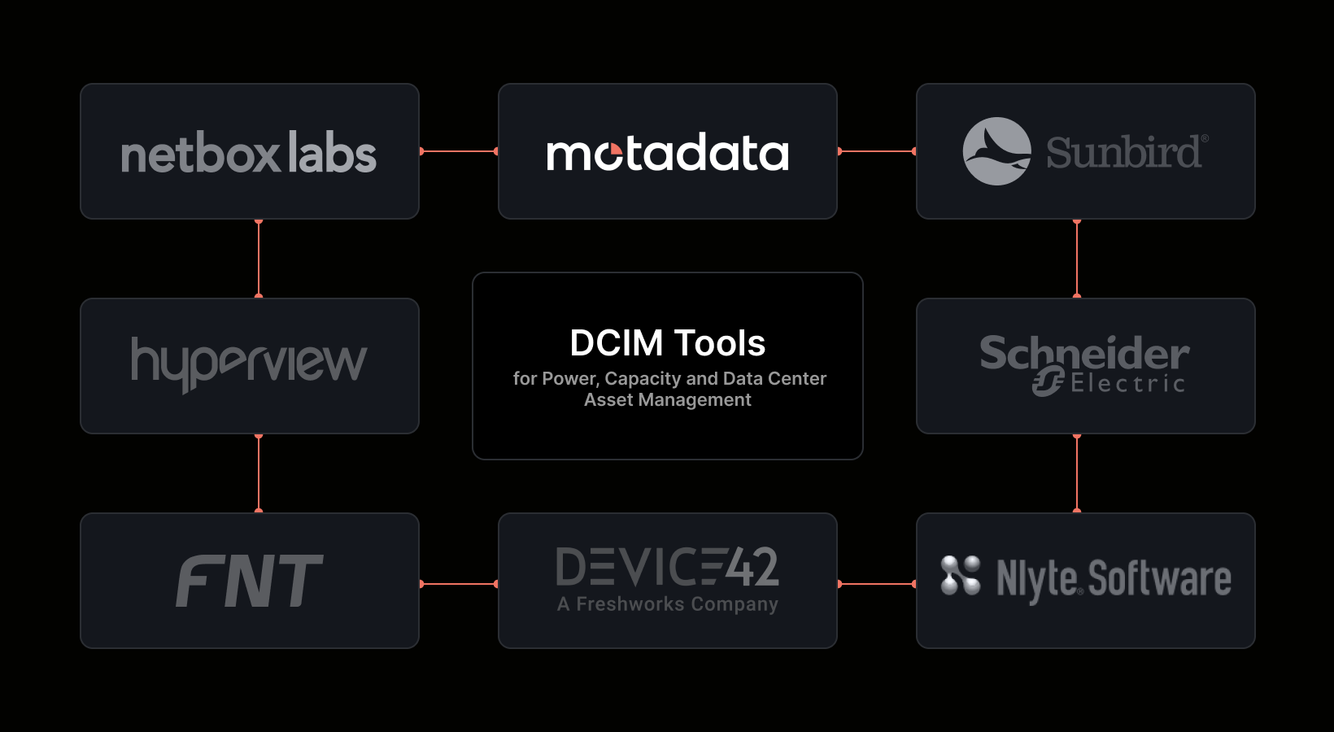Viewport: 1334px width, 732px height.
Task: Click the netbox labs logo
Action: [249, 152]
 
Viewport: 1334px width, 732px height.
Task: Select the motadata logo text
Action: [668, 152]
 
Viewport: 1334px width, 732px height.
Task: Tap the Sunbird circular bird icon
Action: [997, 151]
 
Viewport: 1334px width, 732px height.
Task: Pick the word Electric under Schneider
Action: [1128, 384]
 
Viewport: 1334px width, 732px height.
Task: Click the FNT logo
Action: [250, 581]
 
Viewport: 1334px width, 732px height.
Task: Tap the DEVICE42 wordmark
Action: [668, 566]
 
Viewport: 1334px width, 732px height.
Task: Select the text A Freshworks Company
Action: [668, 604]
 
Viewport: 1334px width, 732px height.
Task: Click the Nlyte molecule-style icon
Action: [961, 575]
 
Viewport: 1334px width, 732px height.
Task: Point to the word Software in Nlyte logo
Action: [1159, 578]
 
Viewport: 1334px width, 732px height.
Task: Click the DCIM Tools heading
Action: [668, 343]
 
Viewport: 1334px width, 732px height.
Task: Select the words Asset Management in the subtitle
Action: [668, 399]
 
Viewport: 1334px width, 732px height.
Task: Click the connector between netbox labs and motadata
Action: [459, 151]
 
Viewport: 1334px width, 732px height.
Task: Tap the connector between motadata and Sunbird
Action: [877, 151]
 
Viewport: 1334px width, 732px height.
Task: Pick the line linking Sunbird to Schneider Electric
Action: [1077, 259]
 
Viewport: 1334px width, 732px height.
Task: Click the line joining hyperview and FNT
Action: [259, 473]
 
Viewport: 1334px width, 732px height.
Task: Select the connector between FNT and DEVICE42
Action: [459, 584]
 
